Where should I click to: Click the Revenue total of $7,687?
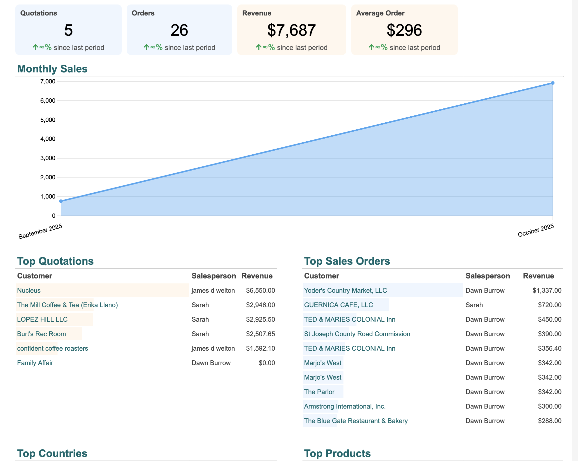(x=291, y=30)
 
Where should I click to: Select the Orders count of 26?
(x=179, y=30)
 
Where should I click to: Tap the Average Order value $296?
(x=404, y=30)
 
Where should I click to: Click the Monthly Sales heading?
(x=52, y=69)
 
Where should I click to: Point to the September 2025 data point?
(x=61, y=201)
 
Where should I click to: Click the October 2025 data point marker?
(x=552, y=83)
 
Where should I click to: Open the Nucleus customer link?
(x=29, y=290)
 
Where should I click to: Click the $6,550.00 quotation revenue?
(x=260, y=290)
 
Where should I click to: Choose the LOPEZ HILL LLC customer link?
(x=42, y=319)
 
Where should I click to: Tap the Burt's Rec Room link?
(x=41, y=334)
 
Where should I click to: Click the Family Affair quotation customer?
(x=35, y=363)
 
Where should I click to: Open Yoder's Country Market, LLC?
(x=345, y=290)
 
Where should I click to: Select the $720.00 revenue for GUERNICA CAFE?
(x=549, y=305)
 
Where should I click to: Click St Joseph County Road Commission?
(x=357, y=334)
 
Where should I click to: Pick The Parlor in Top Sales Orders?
(x=319, y=392)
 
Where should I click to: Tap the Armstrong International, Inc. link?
(x=344, y=406)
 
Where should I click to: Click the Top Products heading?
(x=337, y=453)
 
